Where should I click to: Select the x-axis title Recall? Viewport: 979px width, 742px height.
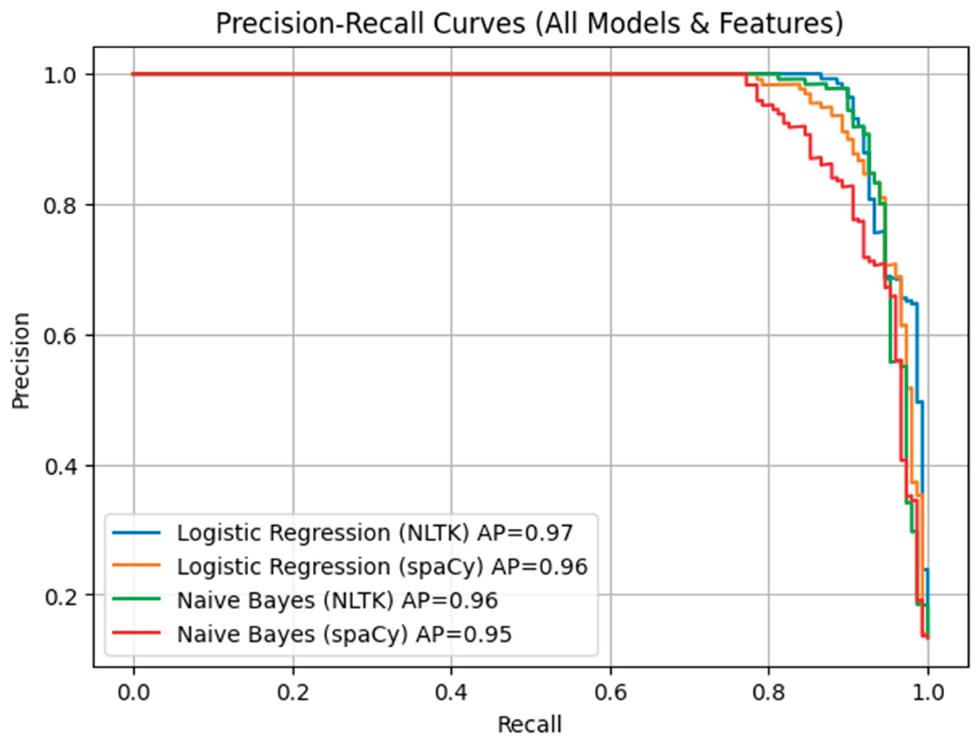pos(529,724)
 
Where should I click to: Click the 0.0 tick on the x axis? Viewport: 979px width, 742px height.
pos(133,693)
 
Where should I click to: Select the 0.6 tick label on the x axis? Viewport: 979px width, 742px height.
pos(610,693)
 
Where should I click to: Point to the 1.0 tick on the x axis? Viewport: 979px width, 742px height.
pos(928,693)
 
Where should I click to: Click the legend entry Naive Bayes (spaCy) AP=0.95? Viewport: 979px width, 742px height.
pos(344,634)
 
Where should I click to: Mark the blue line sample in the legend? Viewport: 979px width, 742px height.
pos(136,533)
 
